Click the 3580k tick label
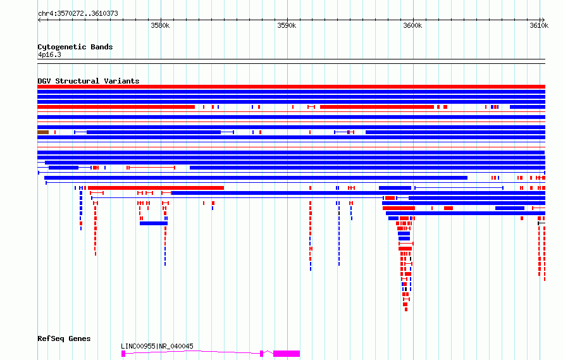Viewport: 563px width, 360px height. pos(160,25)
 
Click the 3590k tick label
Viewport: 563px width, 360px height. pos(287,25)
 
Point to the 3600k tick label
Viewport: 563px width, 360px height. pos(412,25)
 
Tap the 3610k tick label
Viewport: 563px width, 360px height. pos(539,25)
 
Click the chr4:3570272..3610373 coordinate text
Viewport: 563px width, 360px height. pos(78,13)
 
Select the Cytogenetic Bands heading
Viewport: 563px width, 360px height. pos(75,47)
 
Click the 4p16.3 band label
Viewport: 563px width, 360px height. pos(49,54)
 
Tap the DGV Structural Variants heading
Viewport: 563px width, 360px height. pos(89,81)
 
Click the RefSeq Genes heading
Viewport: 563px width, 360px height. pos(64,338)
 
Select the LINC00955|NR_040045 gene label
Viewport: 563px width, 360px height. pos(157,346)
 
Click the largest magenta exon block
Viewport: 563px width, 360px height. pos(287,354)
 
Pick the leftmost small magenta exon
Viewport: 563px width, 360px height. pos(123,354)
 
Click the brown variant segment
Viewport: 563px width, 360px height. pos(43,132)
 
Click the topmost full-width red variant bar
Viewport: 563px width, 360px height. pos(291,87)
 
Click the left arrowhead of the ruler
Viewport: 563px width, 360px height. pos(39,20)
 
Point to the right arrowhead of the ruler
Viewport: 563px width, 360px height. pos(543,20)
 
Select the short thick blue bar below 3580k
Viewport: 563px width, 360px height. pos(154,223)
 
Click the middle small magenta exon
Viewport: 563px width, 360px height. pos(261,354)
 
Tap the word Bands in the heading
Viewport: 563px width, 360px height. pos(102,47)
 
